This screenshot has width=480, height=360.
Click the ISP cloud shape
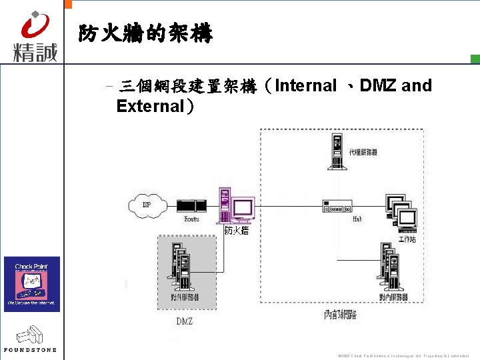coord(147,204)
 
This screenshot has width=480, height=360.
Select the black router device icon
coord(191,205)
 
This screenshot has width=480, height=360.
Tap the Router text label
coord(191,219)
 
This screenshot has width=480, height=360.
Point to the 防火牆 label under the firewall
coord(237,231)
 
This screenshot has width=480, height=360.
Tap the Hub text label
coord(357,219)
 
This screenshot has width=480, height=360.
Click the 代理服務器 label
coord(363,153)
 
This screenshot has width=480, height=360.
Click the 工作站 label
coord(407,238)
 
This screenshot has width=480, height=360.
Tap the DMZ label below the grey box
coord(185,321)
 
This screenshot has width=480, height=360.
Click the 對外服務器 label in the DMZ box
coord(185,297)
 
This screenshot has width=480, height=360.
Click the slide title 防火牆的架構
coord(145,33)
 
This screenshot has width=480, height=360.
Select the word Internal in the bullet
coord(305,85)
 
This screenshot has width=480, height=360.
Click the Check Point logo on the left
coord(32,283)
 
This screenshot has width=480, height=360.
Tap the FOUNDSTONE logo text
coord(31,349)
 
